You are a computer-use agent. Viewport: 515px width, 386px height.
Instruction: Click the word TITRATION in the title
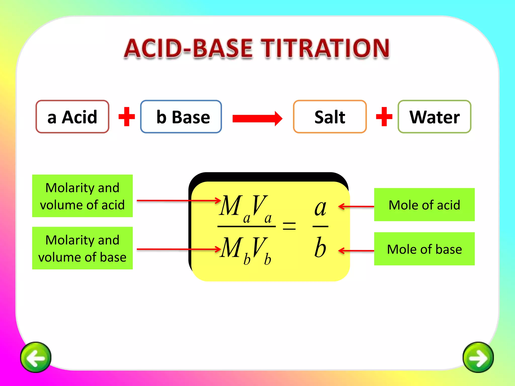tap(325, 48)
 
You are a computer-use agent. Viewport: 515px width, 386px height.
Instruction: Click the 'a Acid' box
tap(72, 117)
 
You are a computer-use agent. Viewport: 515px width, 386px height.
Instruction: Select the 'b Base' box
tap(181, 117)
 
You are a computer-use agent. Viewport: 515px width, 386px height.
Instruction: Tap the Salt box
tap(330, 117)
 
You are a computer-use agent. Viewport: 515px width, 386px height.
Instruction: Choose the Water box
tap(434, 117)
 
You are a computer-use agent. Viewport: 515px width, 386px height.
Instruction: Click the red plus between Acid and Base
tap(127, 117)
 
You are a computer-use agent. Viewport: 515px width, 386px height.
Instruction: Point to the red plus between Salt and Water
tap(384, 117)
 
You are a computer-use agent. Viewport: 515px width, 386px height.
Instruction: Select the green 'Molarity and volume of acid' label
tap(82, 196)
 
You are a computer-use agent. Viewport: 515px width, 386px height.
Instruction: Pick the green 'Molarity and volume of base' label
tap(82, 248)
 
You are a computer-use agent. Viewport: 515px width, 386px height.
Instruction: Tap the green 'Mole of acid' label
tap(424, 205)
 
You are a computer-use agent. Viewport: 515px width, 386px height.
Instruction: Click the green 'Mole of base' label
tap(424, 249)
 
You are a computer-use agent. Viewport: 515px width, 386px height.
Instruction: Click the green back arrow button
tap(36, 357)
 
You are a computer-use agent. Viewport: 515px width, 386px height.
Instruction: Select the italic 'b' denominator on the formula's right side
tap(320, 248)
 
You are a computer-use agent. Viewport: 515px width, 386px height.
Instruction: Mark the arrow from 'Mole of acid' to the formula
tap(356, 207)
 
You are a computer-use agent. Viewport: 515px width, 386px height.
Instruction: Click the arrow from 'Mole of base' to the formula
tap(356, 251)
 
